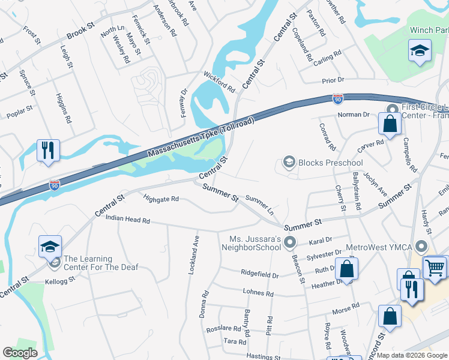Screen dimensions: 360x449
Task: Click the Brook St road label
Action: click(81, 32)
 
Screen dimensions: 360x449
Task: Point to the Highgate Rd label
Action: click(161, 199)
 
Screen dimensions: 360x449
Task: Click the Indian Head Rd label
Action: click(127, 220)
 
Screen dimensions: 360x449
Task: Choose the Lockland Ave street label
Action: click(193, 255)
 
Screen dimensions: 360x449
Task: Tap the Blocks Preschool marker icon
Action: click(289, 163)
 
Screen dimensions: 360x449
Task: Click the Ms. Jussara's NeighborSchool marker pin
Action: click(290, 242)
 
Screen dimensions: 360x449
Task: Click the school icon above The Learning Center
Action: click(50, 247)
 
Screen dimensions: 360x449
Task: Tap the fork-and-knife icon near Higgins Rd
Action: click(48, 150)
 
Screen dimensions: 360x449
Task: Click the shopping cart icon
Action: click(435, 267)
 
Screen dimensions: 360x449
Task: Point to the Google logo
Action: click(20, 353)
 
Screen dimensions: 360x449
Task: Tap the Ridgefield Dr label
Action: click(260, 275)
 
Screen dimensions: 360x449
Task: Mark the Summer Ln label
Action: click(259, 205)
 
